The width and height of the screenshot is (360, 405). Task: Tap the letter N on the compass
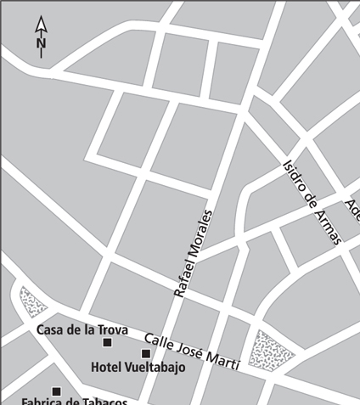(x=41, y=42)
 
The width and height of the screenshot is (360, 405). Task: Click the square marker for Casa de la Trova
(x=107, y=342)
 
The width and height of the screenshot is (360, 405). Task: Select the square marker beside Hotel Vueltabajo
(x=145, y=353)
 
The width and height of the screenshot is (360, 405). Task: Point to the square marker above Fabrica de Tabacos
(x=56, y=391)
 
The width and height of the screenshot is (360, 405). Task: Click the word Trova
(x=110, y=329)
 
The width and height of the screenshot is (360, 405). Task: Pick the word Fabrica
(x=42, y=401)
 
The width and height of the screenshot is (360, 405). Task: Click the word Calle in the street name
(x=159, y=342)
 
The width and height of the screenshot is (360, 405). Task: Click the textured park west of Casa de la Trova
(x=33, y=301)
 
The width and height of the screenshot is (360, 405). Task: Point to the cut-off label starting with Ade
(x=352, y=208)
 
